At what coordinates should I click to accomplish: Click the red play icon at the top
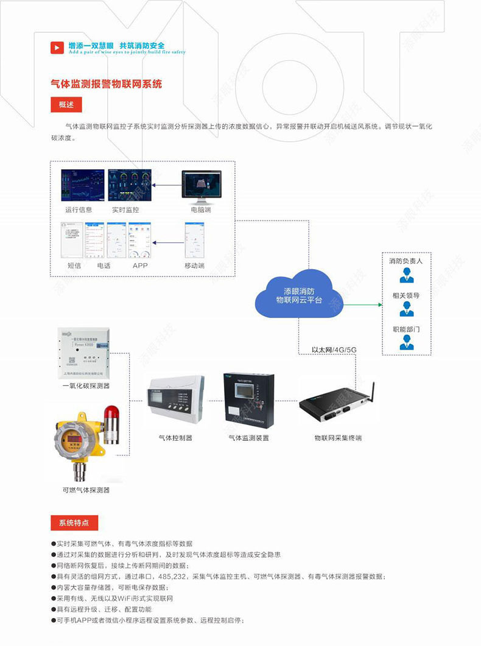click(x=57, y=47)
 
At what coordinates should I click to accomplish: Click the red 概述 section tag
click(x=66, y=105)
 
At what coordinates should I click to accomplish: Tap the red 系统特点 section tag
click(x=74, y=522)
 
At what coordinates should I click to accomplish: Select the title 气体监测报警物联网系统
click(x=106, y=84)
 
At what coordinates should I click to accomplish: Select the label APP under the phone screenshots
click(x=140, y=265)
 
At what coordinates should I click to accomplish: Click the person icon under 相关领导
click(x=406, y=310)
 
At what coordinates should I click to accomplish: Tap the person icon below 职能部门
click(x=406, y=343)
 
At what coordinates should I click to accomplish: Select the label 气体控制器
click(x=175, y=438)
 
